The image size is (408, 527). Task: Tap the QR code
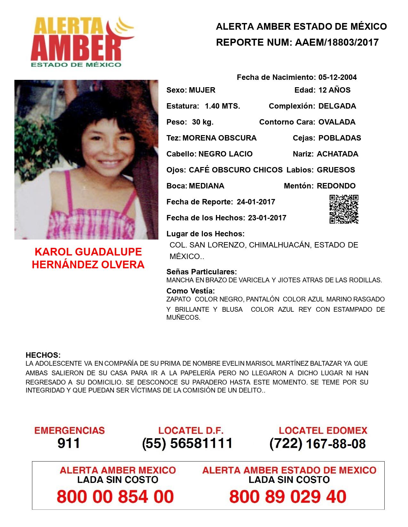click(344, 209)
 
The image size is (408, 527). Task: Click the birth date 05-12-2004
click(337, 77)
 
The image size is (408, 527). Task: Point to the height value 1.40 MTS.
click(222, 106)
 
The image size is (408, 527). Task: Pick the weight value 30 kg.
click(203, 122)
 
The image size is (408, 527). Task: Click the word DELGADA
click(337, 106)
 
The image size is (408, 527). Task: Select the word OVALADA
click(337, 122)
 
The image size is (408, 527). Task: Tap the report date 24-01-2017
click(256, 202)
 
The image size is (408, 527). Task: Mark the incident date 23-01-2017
click(267, 218)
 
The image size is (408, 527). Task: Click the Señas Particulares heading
click(202, 272)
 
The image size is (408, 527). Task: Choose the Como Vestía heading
click(190, 291)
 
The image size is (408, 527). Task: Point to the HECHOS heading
click(43, 355)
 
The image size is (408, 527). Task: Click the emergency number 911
click(69, 443)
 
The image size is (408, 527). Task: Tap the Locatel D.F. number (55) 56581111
click(187, 443)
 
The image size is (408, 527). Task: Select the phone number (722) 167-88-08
click(317, 443)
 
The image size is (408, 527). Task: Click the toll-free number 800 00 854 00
click(115, 497)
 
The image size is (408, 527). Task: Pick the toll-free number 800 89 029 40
click(288, 497)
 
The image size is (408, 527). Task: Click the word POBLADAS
click(340, 138)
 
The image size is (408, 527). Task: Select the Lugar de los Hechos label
click(205, 234)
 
